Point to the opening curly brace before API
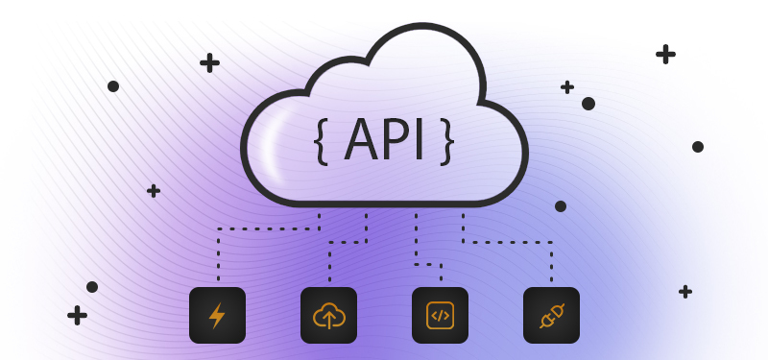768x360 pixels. click(321, 141)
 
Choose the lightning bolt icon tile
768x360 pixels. click(217, 315)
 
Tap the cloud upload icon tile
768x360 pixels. click(328, 315)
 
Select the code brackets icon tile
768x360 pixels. click(440, 315)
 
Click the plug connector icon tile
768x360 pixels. click(551, 315)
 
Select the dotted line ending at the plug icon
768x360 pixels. click(518, 242)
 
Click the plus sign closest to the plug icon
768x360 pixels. click(685, 291)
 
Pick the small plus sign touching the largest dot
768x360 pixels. click(567, 87)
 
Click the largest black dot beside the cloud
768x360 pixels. click(588, 104)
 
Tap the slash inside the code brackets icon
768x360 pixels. click(440, 315)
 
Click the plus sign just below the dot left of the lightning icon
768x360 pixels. click(77, 314)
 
